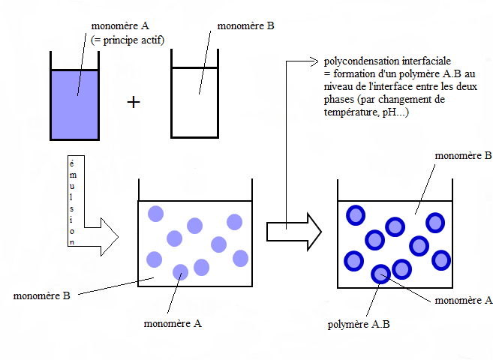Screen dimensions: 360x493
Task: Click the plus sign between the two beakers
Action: click(134, 103)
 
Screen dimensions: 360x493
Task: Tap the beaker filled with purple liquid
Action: click(75, 103)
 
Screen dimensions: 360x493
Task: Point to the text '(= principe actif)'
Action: click(128, 40)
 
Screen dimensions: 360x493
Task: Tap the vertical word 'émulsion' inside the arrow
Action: click(72, 202)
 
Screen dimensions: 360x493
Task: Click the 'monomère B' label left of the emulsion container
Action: click(41, 295)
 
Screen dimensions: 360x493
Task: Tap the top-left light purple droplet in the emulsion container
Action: click(156, 213)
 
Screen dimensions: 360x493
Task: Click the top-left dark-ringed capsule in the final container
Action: click(354, 215)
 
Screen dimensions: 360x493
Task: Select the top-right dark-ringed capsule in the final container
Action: click(435, 223)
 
